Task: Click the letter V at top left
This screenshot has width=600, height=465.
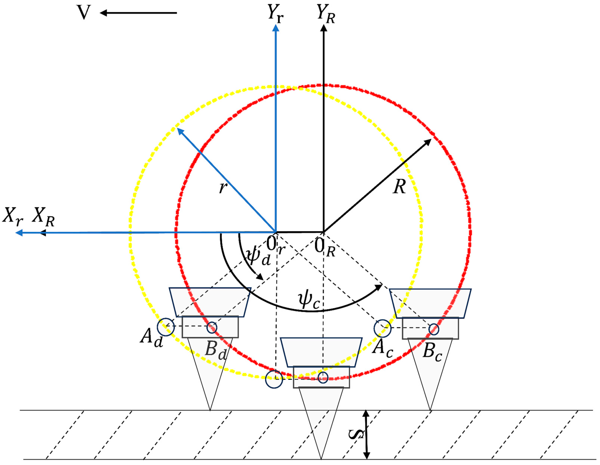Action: (83, 13)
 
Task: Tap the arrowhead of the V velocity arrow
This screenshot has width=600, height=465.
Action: (103, 13)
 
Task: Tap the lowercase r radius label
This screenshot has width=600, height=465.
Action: (223, 188)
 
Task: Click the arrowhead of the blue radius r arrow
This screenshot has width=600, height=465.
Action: (180, 131)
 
